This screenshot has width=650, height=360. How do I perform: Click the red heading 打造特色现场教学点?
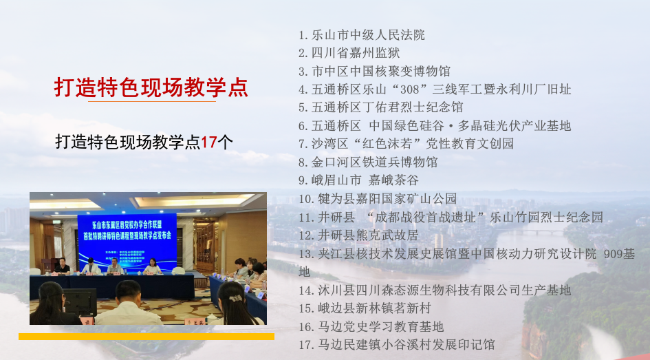pos(151,87)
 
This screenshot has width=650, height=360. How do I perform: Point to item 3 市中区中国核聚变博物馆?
pos(375,71)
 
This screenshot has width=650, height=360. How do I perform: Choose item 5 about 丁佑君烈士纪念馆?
pos(381,107)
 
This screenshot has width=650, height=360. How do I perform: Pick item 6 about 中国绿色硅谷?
pos(435,125)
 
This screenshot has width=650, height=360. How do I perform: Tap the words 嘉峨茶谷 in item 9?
pos(393,180)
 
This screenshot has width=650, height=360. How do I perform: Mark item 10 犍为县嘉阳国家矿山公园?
pos(378,199)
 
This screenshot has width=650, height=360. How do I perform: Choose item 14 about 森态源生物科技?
pos(435,290)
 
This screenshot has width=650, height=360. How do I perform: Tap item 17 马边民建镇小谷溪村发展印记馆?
pos(397,345)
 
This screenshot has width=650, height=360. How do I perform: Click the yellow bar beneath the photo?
pos(146,337)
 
